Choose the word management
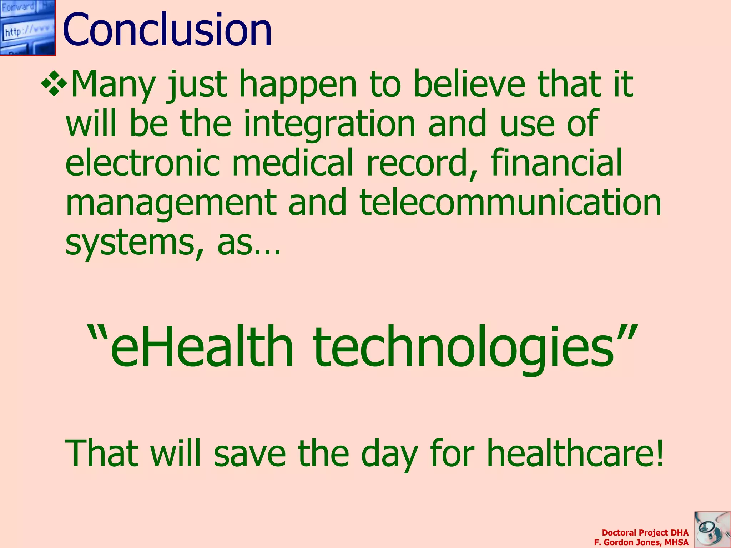[x=171, y=203]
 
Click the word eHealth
[x=202, y=346]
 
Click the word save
[x=249, y=454]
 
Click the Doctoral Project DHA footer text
[x=645, y=533]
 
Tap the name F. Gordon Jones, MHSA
[x=641, y=542]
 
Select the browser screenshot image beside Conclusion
[x=27, y=27]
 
